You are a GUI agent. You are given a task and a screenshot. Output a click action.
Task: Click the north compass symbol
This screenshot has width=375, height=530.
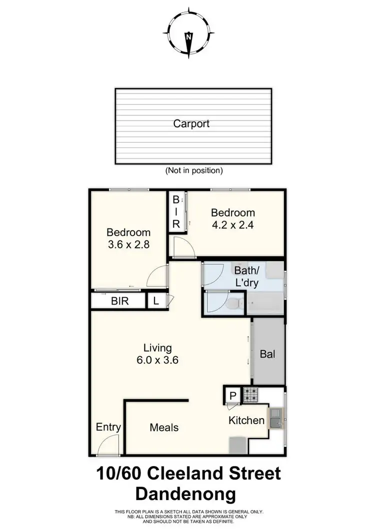click(188, 31)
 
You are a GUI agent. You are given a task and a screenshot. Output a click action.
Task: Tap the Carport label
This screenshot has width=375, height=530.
click(191, 123)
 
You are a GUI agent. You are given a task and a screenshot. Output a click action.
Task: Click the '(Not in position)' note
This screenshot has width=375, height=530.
click(194, 170)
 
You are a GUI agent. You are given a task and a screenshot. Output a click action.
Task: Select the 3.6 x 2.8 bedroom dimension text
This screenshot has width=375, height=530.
click(128, 245)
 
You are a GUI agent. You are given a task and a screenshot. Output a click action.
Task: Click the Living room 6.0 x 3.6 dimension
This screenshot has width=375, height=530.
click(157, 359)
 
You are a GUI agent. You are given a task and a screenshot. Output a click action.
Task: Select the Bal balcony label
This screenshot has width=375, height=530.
click(267, 353)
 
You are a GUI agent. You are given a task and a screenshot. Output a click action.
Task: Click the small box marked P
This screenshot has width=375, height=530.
click(232, 395)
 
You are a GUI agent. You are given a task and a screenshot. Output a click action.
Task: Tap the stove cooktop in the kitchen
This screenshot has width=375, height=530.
click(249, 394)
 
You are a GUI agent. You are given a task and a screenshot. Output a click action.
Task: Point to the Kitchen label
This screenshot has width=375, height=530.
click(246, 420)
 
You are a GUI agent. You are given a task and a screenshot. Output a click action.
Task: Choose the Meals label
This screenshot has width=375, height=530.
click(164, 427)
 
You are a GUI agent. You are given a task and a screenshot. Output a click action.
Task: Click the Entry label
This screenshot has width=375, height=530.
click(108, 427)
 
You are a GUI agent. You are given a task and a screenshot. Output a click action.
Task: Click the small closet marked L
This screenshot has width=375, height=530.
click(156, 301)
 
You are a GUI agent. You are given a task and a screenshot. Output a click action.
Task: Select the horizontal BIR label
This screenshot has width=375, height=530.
click(120, 301)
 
